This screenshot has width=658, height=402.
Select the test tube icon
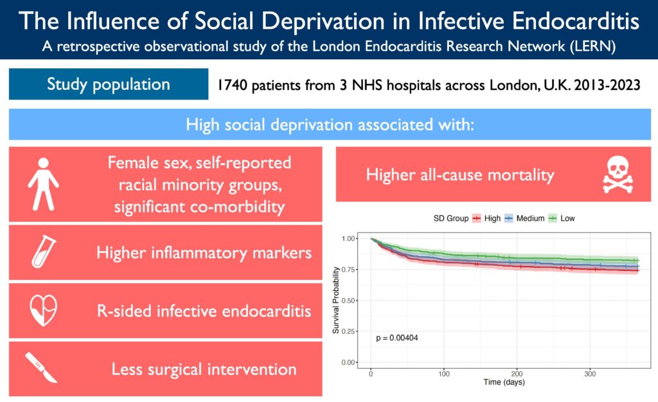pyautogui.click(x=44, y=252)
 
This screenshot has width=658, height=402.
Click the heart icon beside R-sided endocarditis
pyautogui.click(x=44, y=311)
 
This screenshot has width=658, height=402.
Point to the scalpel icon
pyautogui.click(x=44, y=368)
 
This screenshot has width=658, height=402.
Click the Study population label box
pyautogui.click(x=109, y=84)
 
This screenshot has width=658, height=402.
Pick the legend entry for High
pyautogui.click(x=487, y=218)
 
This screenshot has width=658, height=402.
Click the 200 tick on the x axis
pyautogui.click(x=517, y=374)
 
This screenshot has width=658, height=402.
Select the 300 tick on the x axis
pyautogui.click(x=590, y=374)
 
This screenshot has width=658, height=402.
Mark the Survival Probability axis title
pyautogui.click(x=336, y=301)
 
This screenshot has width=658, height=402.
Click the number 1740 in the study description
pyautogui.click(x=232, y=85)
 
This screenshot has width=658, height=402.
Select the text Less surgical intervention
pyautogui.click(x=204, y=369)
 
